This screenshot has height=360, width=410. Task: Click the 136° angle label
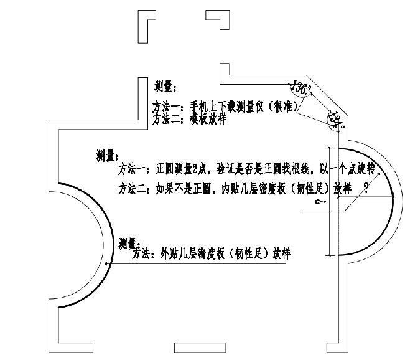pyautogui.click(x=301, y=88)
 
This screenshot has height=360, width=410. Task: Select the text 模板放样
pyautogui.click(x=208, y=118)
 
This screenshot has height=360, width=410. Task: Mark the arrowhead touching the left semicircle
pyautogui.click(x=108, y=264)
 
